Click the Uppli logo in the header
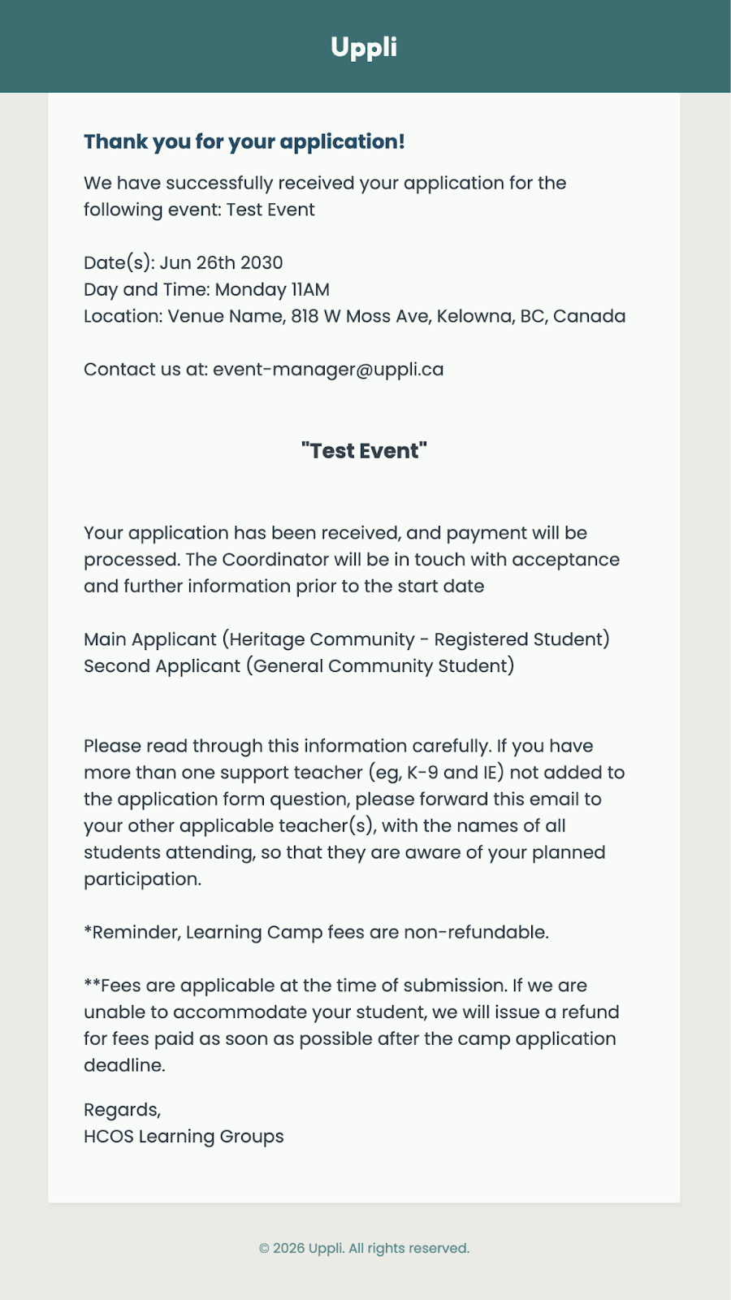click(x=364, y=47)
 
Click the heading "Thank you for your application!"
click(x=244, y=141)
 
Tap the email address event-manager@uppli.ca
click(x=328, y=370)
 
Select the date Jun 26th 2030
click(x=221, y=263)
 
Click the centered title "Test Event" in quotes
click(x=364, y=451)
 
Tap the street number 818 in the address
click(x=305, y=316)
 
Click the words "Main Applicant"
click(x=150, y=639)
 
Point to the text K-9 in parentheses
click(x=422, y=773)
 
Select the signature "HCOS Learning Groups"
click(x=184, y=1137)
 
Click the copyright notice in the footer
click(x=364, y=1248)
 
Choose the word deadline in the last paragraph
click(x=123, y=1065)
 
